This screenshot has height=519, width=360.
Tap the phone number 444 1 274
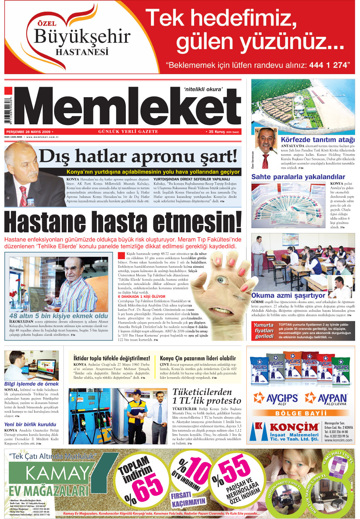click(x=327, y=65)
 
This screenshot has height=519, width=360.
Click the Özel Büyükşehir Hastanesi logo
click(x=82, y=38)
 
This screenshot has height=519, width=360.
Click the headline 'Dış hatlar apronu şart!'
click(x=138, y=156)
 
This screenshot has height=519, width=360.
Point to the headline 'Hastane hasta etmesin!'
click(x=123, y=222)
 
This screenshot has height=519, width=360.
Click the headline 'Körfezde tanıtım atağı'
click(x=317, y=140)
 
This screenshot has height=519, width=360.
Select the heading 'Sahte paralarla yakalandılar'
click(x=298, y=177)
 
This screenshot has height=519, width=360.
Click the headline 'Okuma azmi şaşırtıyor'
click(x=288, y=295)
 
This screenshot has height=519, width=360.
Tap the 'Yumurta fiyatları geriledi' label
click(x=264, y=331)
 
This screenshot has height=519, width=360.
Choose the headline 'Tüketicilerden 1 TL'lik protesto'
click(x=207, y=396)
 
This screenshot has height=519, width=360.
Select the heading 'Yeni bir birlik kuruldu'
click(x=30, y=424)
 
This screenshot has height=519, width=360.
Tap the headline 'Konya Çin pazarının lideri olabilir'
click(x=198, y=358)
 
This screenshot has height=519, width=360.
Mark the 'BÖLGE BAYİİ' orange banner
click(x=301, y=413)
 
